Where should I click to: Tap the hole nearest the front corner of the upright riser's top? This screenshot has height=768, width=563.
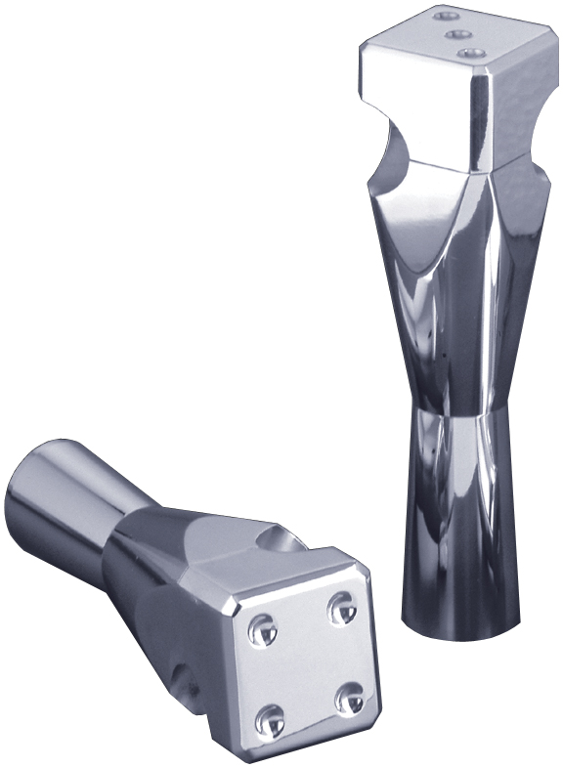pos(473,54)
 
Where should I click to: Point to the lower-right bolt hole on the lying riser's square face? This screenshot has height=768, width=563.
pos(350,699)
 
